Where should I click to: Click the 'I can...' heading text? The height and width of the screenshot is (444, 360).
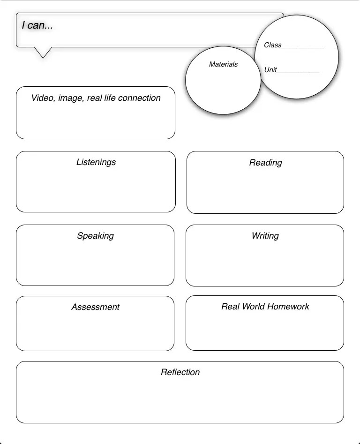click(x=37, y=26)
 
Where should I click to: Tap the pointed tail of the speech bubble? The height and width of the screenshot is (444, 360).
click(x=43, y=53)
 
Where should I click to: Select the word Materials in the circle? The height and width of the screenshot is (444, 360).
click(x=223, y=64)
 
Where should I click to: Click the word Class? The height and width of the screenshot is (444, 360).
click(x=272, y=45)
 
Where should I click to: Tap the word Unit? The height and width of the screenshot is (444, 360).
click(x=270, y=70)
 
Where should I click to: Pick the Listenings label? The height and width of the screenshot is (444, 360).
click(x=96, y=162)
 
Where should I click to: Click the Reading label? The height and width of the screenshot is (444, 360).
click(x=265, y=163)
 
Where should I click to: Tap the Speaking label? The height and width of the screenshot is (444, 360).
click(x=95, y=236)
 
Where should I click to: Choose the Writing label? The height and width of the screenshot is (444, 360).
click(x=265, y=236)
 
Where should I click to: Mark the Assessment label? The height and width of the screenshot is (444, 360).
click(x=95, y=307)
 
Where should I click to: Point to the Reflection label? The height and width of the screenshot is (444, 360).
click(x=180, y=372)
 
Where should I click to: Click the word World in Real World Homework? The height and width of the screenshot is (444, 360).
click(x=253, y=307)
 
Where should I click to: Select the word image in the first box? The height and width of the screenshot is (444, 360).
click(x=70, y=98)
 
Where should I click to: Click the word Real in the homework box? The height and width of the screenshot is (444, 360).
click(x=230, y=307)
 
